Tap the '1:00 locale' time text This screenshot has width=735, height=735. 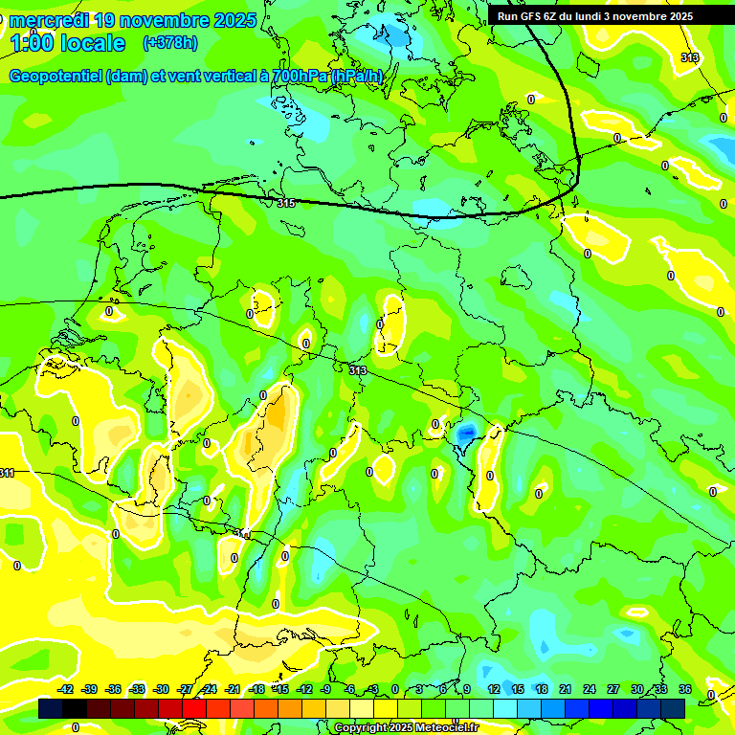[x=67, y=43]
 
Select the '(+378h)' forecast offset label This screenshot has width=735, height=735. [x=169, y=43]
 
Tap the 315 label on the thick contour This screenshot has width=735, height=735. [x=286, y=203]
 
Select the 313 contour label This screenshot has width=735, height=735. [x=358, y=370]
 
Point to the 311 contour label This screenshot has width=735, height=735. [x=7, y=473]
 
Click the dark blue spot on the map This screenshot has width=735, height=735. [x=466, y=434]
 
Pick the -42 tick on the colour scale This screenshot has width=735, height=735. [x=66, y=689]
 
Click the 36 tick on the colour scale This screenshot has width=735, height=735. [x=685, y=689]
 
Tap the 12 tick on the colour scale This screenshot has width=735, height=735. [x=494, y=689]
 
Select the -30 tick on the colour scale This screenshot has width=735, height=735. [x=161, y=689]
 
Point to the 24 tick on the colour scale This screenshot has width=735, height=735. [x=590, y=689]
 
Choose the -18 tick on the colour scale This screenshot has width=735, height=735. [x=256, y=689]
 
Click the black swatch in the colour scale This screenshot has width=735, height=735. [x=51, y=708]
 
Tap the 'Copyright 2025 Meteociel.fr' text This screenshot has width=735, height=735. [x=406, y=727]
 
